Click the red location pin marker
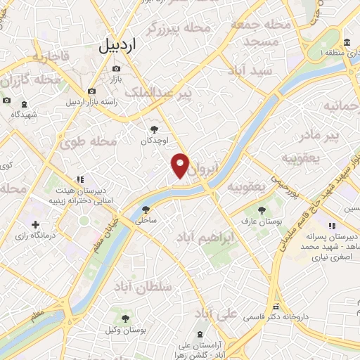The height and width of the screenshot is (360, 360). (181, 166)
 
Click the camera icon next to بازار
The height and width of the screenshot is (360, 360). (115, 69)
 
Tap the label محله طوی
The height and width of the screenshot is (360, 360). (89, 141)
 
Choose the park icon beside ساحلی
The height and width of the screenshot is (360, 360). (146, 209)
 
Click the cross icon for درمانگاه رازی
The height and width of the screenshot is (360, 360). (35, 224)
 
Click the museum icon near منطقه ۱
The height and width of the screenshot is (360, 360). (348, 41)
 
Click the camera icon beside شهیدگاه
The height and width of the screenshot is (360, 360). (7, 101)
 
